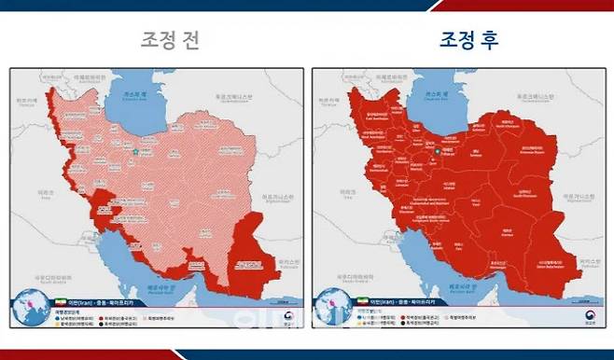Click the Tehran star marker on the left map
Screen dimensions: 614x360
pos(135,150)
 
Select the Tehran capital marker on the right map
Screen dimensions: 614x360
pos(437,150)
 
